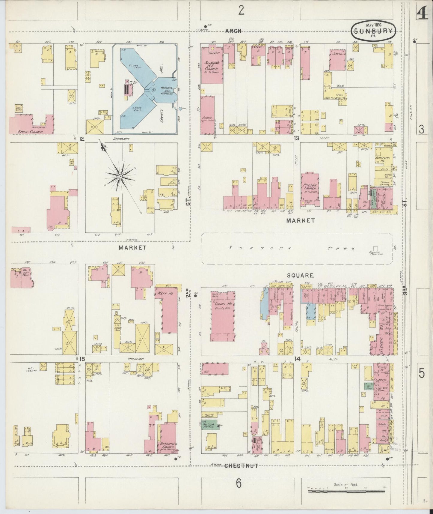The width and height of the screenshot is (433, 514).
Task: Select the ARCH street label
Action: [233, 31]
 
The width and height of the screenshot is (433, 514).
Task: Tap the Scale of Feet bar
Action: [347, 491]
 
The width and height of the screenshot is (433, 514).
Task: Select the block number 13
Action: [296, 138]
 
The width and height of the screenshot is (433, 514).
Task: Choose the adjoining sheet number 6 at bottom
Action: [238, 483]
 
